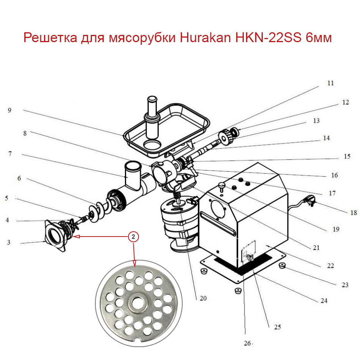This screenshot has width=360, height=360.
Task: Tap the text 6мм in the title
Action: tap(319, 38)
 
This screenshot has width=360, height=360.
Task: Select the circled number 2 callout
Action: tap(133, 237)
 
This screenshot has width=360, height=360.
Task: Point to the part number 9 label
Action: tap(9, 111)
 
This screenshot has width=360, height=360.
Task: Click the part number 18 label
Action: tap(354, 213)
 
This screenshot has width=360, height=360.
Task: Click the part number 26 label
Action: tap(247, 343)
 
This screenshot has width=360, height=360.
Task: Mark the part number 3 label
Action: tap(9, 242)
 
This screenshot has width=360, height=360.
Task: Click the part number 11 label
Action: tap(330, 83)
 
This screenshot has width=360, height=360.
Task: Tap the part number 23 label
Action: tap(344, 284)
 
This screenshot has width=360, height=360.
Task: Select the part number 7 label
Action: tap(9, 154)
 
